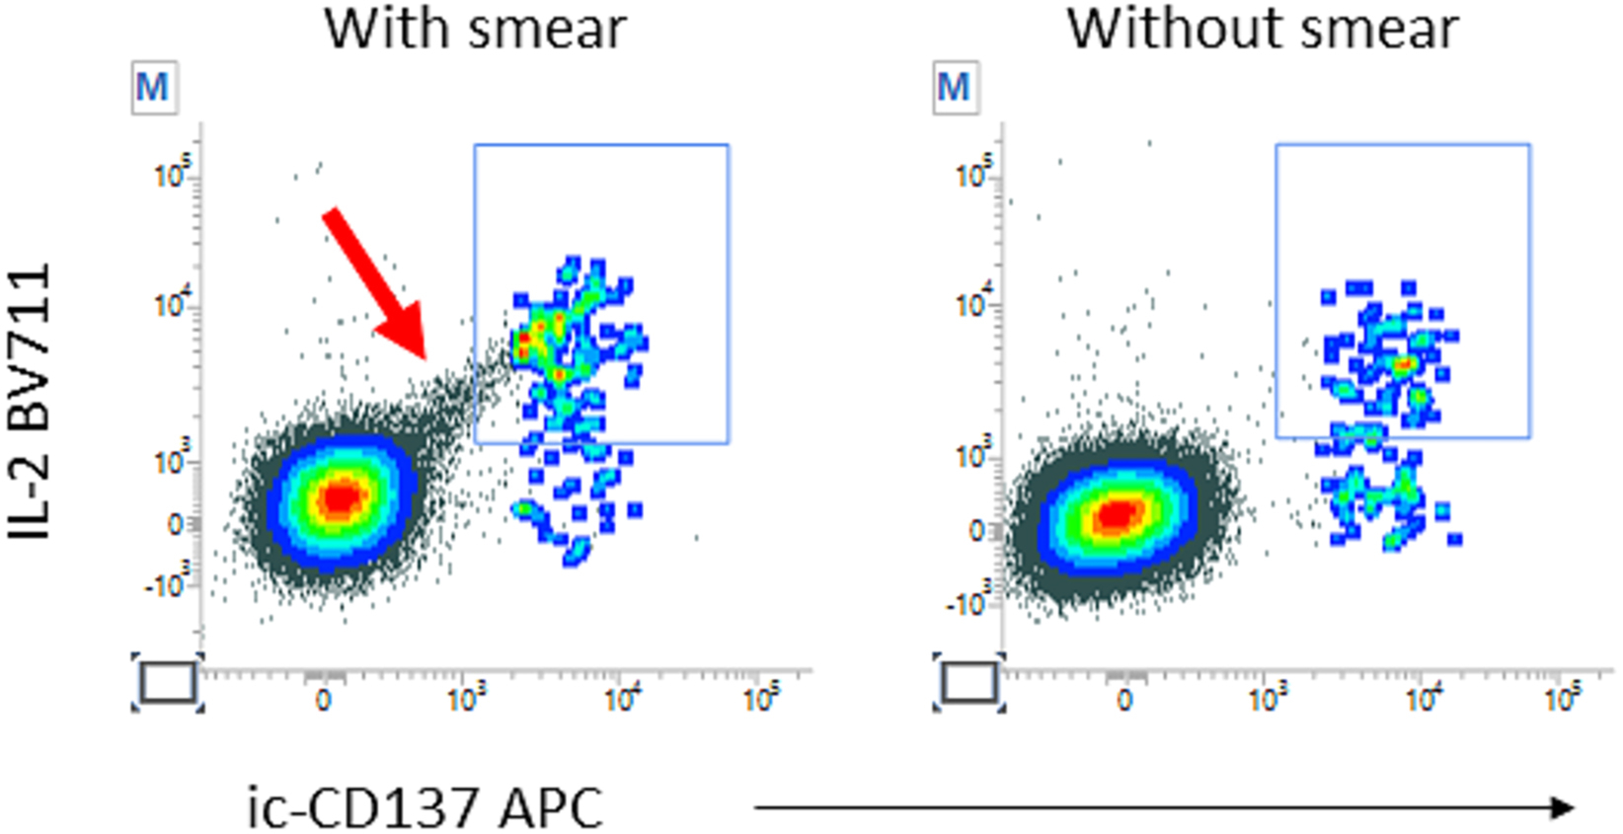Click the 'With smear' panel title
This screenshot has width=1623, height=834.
click(x=475, y=29)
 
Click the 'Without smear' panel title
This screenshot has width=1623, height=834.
click(x=1262, y=29)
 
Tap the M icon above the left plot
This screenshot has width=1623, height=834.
click(x=154, y=88)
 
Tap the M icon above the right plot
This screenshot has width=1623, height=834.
click(x=955, y=88)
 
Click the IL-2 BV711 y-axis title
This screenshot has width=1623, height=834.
click(x=30, y=401)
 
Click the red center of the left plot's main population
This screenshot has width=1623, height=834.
click(x=340, y=498)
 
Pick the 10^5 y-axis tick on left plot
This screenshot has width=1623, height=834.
click(x=174, y=176)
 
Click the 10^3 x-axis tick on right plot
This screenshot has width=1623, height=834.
click(x=1269, y=699)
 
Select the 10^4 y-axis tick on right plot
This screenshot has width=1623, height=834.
click(x=974, y=305)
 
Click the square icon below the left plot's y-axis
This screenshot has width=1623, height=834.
click(x=168, y=682)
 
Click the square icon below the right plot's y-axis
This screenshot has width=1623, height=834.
click(x=969, y=682)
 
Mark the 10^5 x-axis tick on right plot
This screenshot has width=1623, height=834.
click(x=1562, y=699)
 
